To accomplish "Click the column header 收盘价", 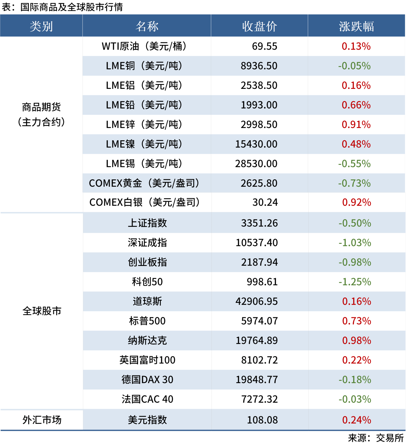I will point(259,26).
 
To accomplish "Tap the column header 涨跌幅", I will point(356,26).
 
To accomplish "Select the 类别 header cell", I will point(41,26).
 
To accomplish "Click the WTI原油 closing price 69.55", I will point(264,46).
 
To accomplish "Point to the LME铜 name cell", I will point(144,66).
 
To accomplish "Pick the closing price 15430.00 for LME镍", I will point(256,144).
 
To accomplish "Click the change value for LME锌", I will point(356,124).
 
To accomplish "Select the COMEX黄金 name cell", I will point(144,183).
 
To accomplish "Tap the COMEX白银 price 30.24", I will point(265,202).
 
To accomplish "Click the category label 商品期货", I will point(41,107).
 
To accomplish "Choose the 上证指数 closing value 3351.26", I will point(259,223).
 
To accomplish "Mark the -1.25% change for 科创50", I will point(355,282).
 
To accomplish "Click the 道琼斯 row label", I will point(147,301).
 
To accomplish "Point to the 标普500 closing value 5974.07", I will point(259,321).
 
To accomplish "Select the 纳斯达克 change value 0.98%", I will point(357,340).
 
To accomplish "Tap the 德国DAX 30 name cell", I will point(147,380).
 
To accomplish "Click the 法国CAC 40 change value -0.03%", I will point(355,399).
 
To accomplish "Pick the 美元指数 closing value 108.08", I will point(262,420).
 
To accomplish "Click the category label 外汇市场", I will point(42,420).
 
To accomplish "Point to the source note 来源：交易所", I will point(376,438).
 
